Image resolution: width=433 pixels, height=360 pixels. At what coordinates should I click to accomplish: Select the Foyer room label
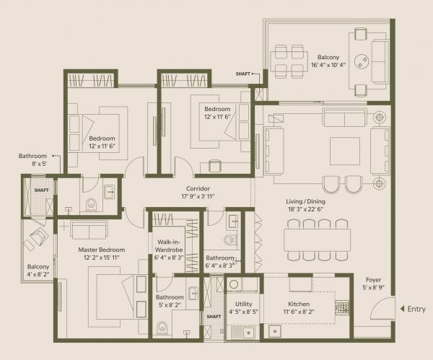click(373, 279)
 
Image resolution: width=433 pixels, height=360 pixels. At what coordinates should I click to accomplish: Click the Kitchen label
click(299, 304)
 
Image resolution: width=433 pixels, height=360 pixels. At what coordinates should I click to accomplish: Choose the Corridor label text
click(198, 188)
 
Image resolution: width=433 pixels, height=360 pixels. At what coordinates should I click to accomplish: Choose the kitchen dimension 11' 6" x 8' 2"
click(299, 314)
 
